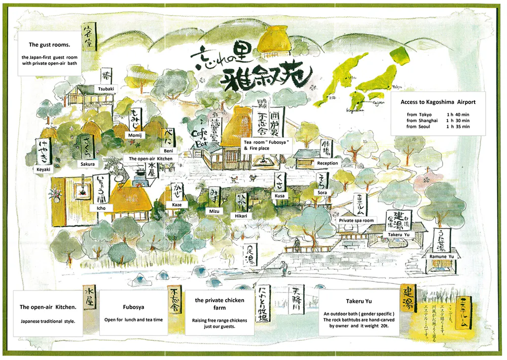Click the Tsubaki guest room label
(106, 88)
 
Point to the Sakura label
(87, 164)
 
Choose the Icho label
(101, 207)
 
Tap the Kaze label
(176, 205)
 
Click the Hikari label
(241, 216)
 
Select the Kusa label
(280, 195)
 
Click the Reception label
(327, 163)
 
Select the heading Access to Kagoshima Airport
(438, 102)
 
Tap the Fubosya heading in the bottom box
(134, 307)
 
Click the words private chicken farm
(220, 304)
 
